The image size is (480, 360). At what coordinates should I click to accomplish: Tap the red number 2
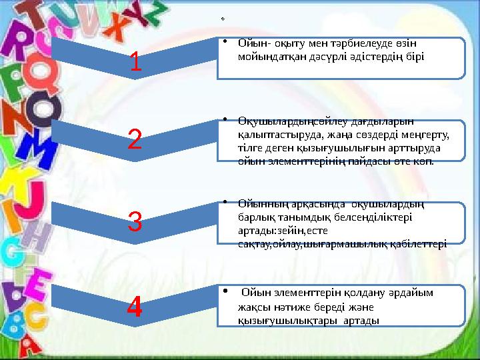click(x=134, y=139)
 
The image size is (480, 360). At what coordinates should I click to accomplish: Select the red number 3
click(x=135, y=221)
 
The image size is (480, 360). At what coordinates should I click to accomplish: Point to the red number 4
click(x=135, y=307)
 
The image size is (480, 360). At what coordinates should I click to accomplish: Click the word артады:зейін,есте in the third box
click(x=275, y=229)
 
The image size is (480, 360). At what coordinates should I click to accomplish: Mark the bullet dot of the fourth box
click(x=227, y=291)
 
